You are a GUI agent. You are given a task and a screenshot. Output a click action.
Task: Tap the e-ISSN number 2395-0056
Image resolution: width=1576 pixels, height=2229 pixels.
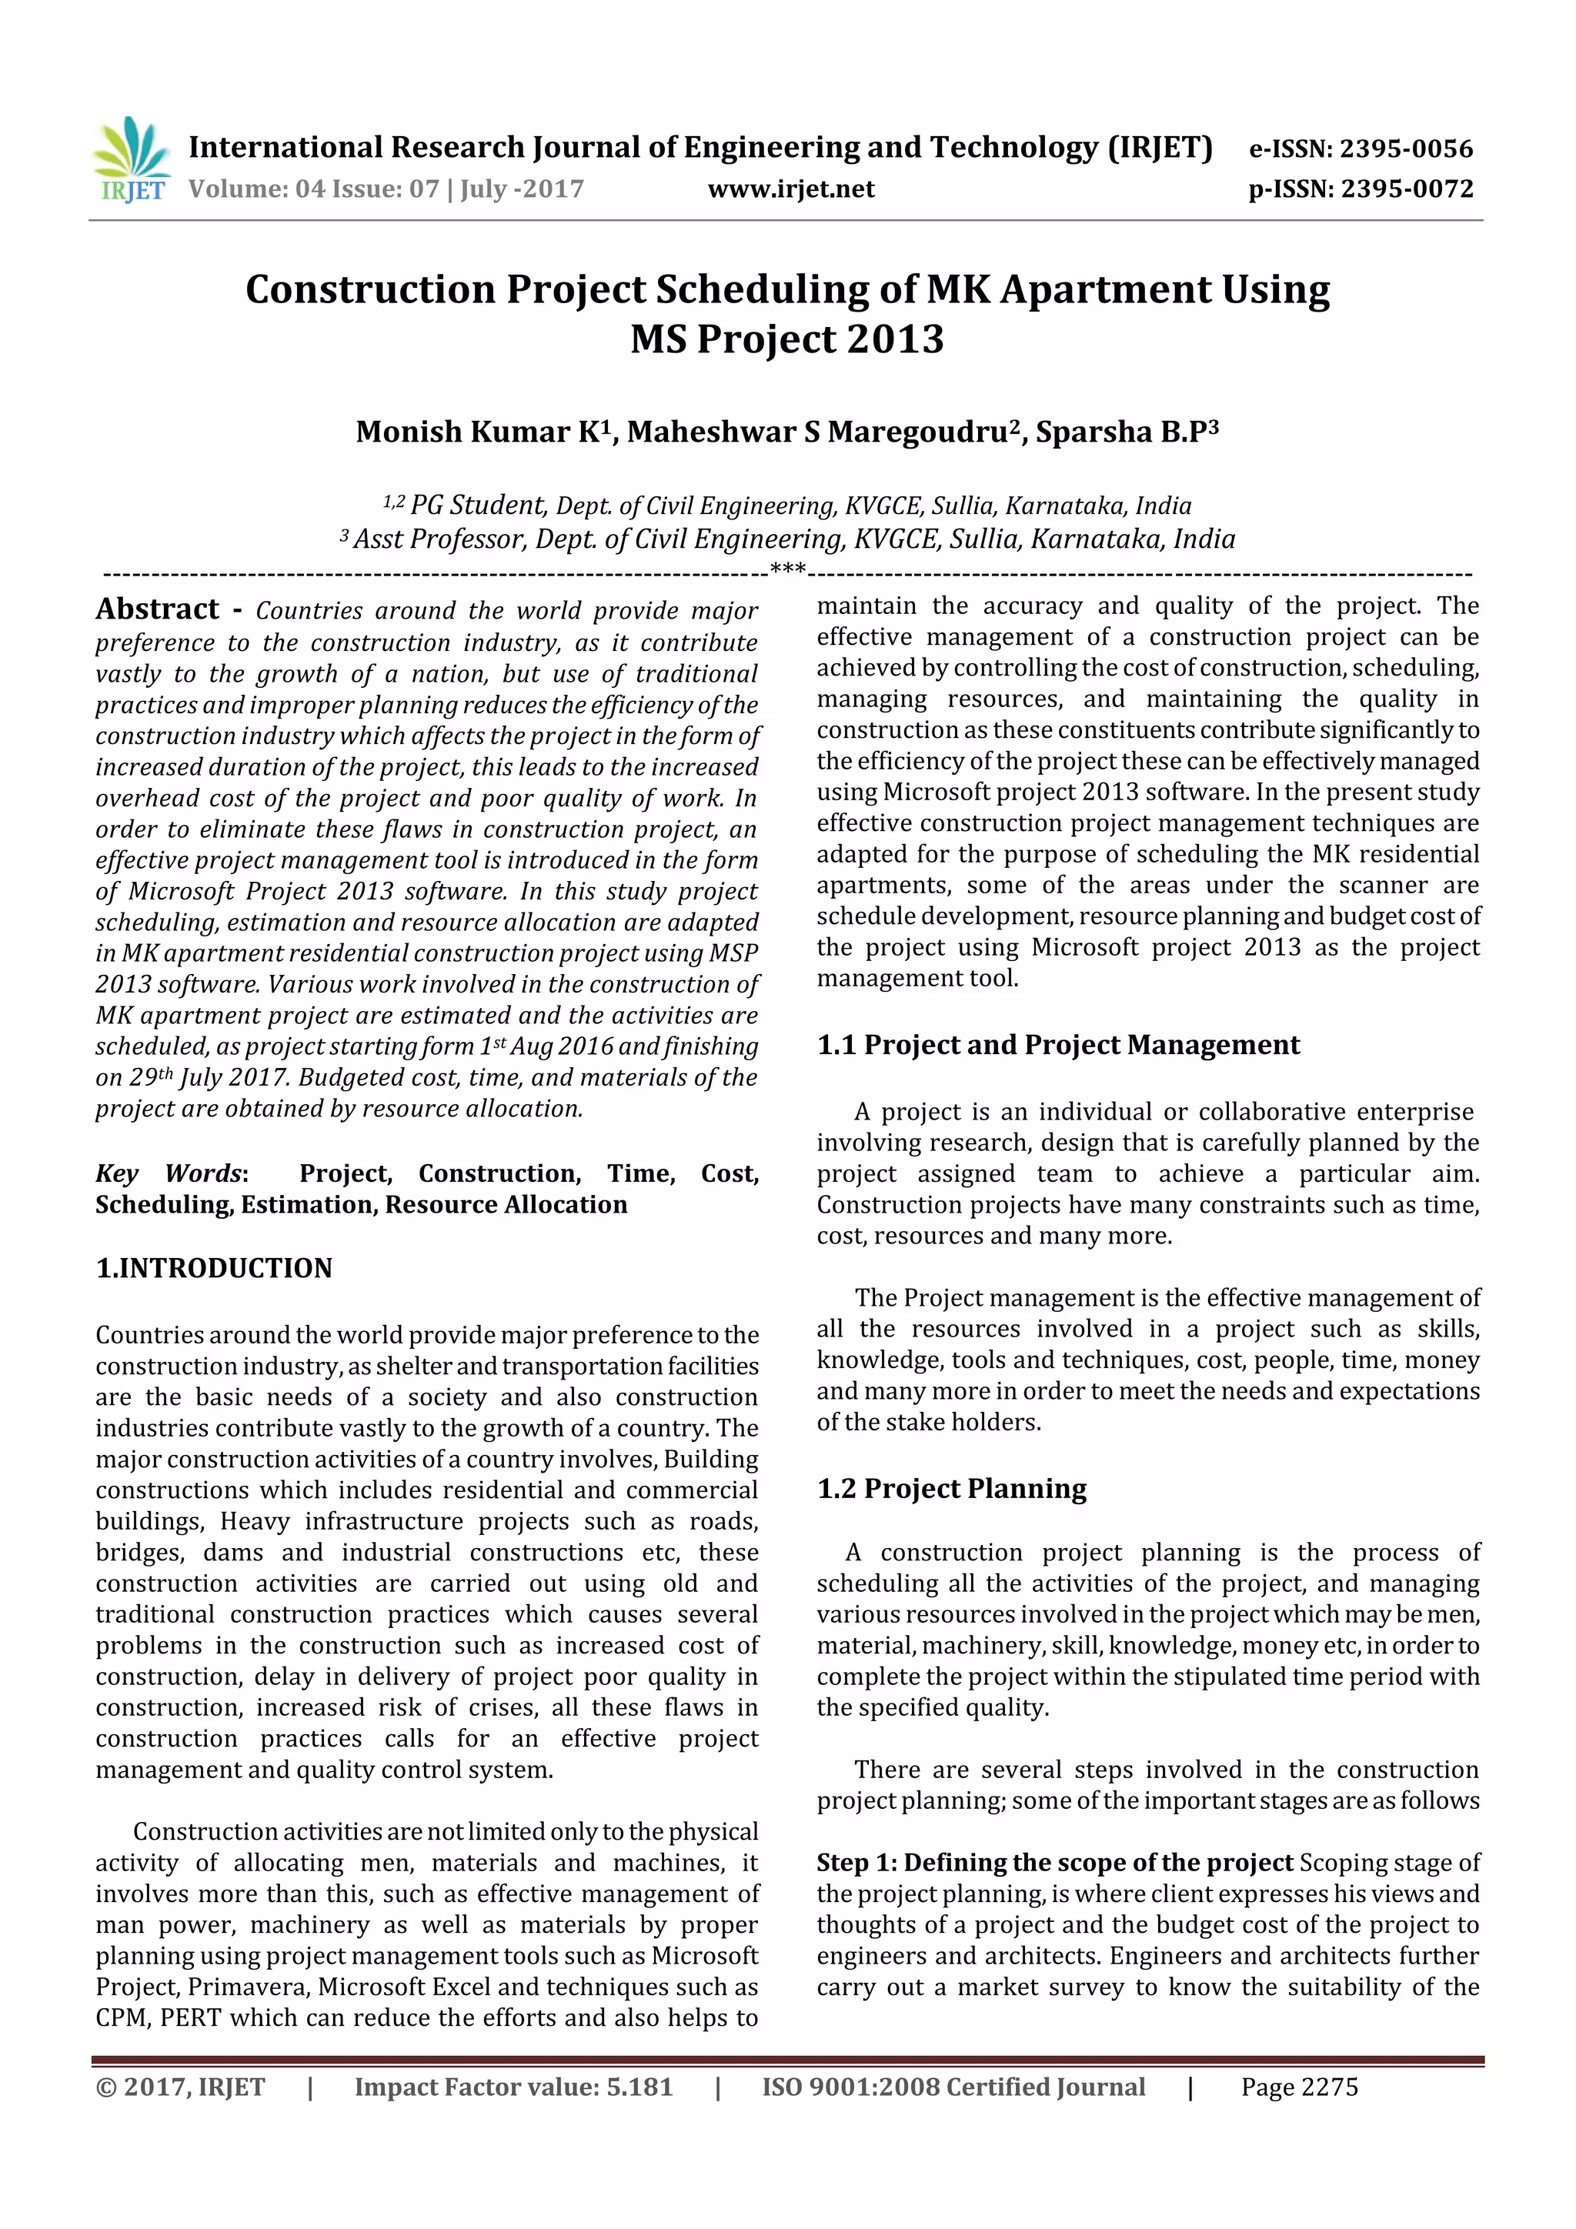[x=1406, y=149]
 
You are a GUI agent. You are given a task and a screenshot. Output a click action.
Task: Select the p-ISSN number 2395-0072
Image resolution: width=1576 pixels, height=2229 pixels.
[x=1407, y=189]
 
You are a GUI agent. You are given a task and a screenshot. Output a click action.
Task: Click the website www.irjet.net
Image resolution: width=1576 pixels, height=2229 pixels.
[x=790, y=189]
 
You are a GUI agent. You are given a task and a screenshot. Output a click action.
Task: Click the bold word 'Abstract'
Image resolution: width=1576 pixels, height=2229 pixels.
[x=157, y=609]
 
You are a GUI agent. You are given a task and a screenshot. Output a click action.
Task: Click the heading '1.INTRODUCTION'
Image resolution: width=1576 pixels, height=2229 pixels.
[x=214, y=1269]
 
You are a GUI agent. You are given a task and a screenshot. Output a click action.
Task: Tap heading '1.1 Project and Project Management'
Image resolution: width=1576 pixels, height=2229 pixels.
[x=1057, y=1046]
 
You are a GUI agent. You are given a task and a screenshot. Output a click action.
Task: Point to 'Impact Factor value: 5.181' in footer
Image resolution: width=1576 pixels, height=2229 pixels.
[x=513, y=2087]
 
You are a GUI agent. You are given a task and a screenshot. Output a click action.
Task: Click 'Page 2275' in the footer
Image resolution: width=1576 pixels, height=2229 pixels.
[x=1298, y=2087]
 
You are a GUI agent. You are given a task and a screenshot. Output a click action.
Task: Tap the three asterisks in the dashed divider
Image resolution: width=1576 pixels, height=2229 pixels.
[x=786, y=569]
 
